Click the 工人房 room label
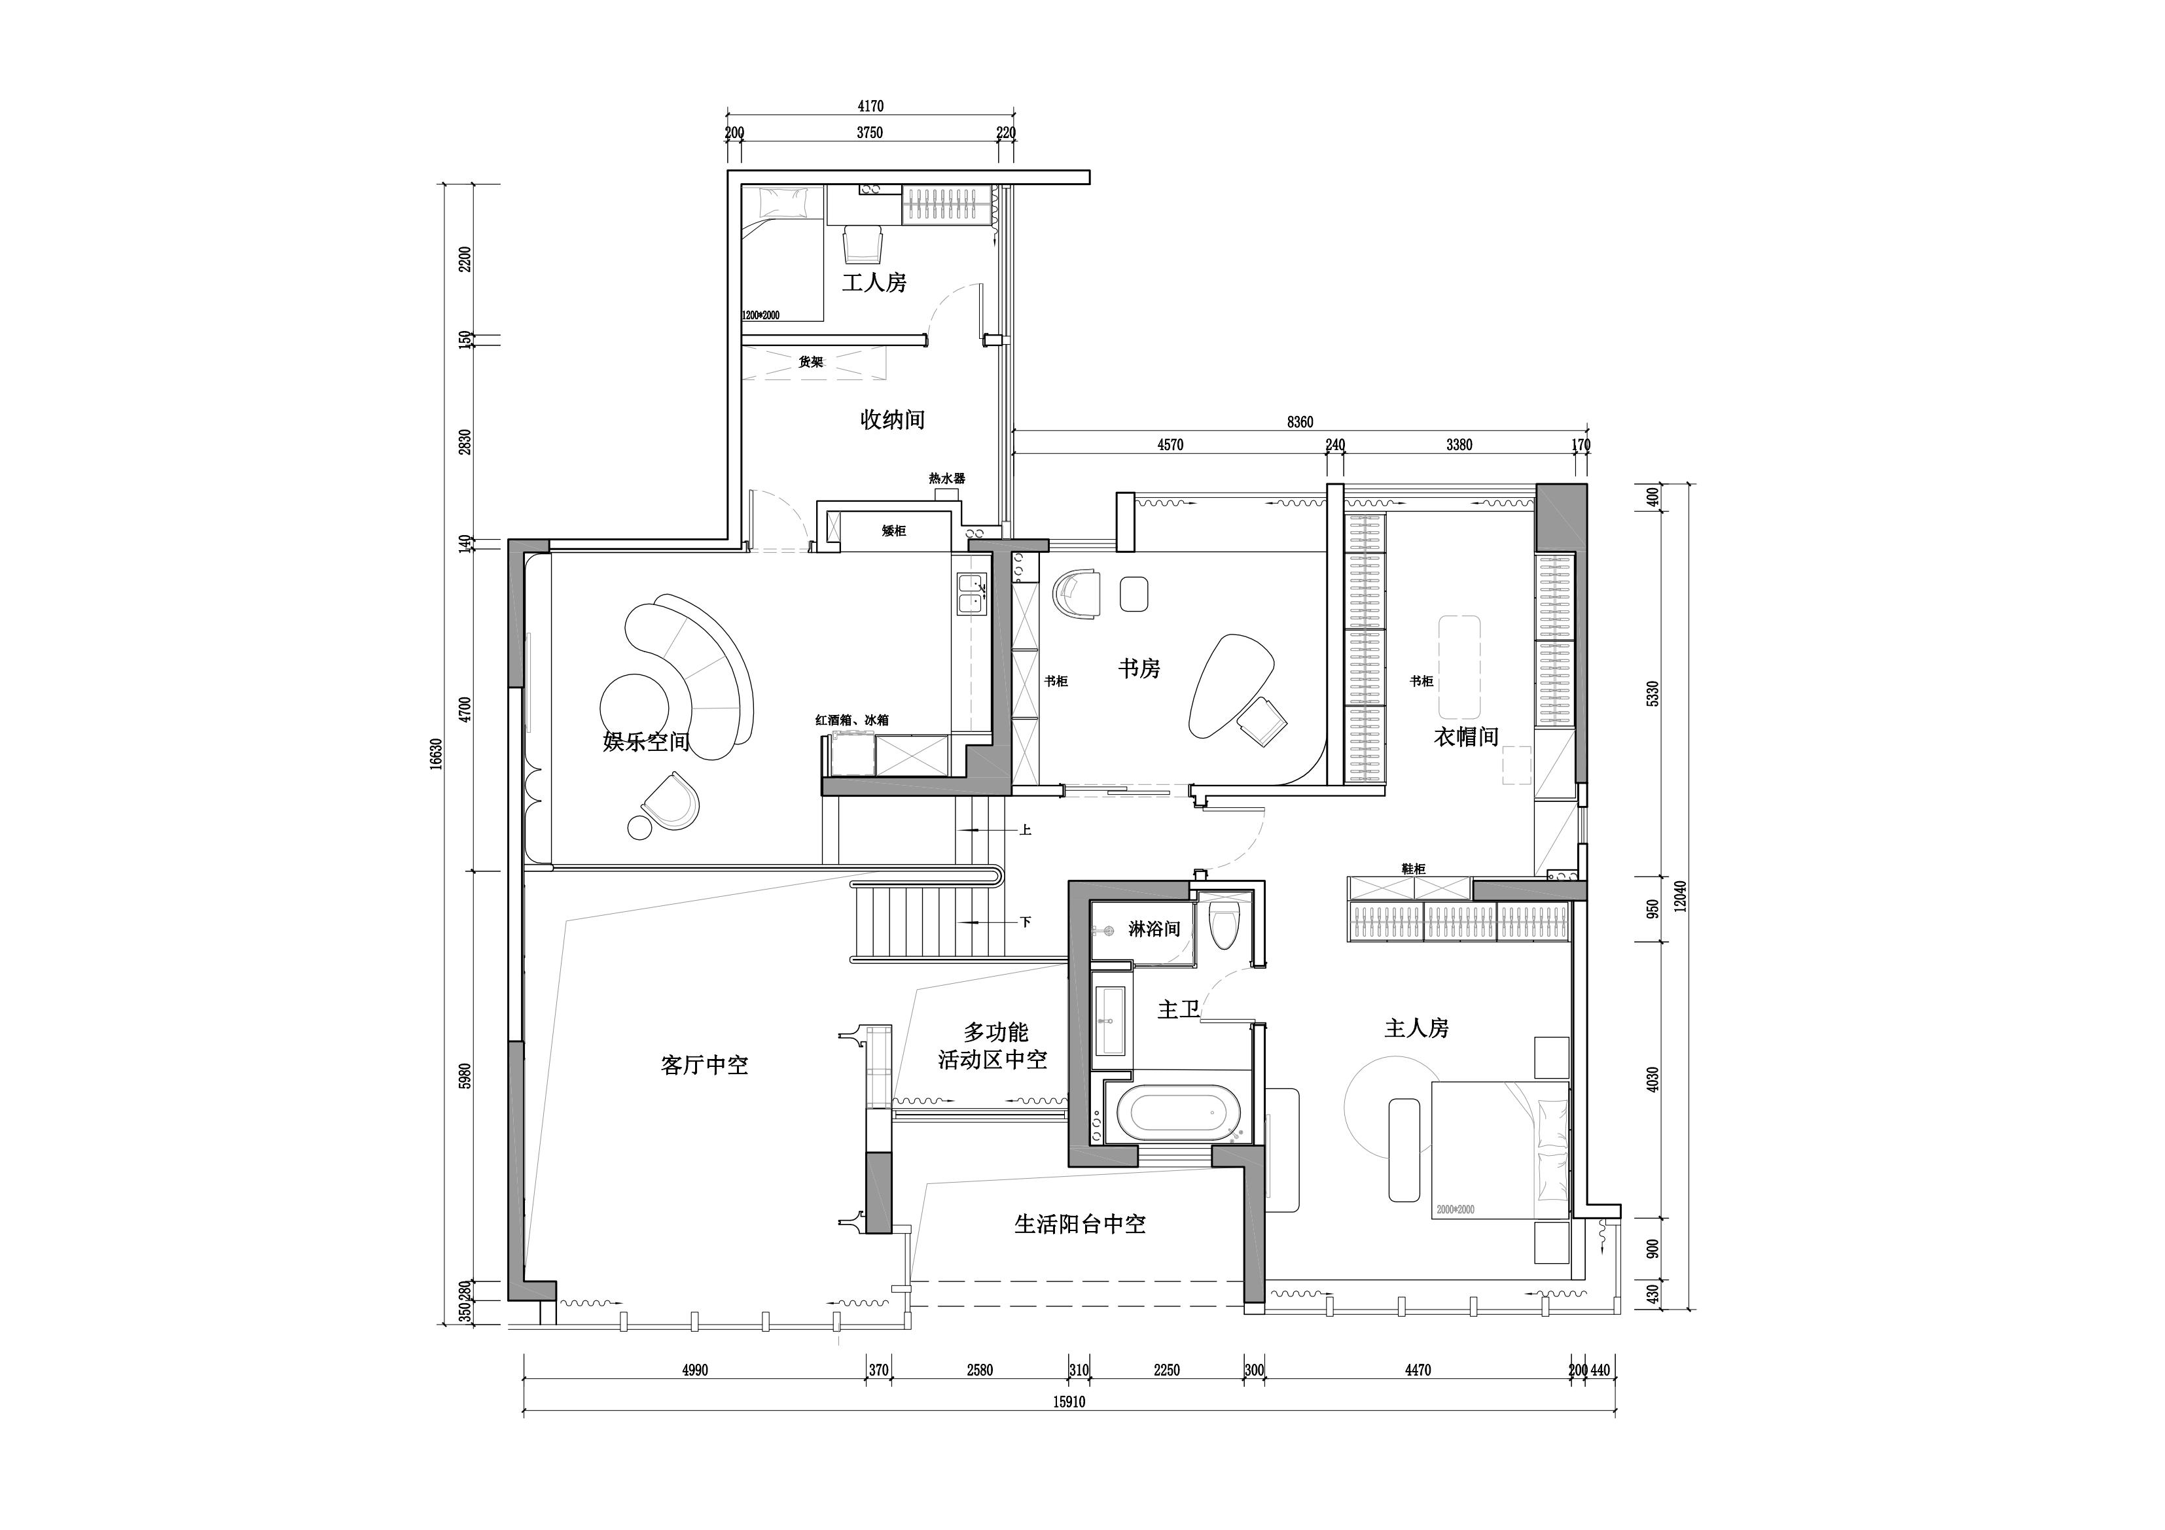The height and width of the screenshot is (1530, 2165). click(x=874, y=282)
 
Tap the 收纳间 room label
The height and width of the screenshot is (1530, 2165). click(x=892, y=419)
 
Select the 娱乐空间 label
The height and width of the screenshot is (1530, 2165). click(x=647, y=741)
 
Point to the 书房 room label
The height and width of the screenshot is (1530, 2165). click(x=1139, y=669)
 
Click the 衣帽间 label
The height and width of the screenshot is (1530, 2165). click(x=1466, y=737)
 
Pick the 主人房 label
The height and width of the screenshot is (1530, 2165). click(x=1416, y=1028)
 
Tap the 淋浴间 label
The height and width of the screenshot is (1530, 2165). click(x=1154, y=929)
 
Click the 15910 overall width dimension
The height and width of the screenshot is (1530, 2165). click(x=1069, y=1402)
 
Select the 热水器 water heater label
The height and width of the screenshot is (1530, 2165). click(x=947, y=479)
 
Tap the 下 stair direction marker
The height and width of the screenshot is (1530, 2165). click(x=1025, y=922)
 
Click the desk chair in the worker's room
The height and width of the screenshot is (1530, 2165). click(x=862, y=244)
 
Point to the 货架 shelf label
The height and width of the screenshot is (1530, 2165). click(x=811, y=362)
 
